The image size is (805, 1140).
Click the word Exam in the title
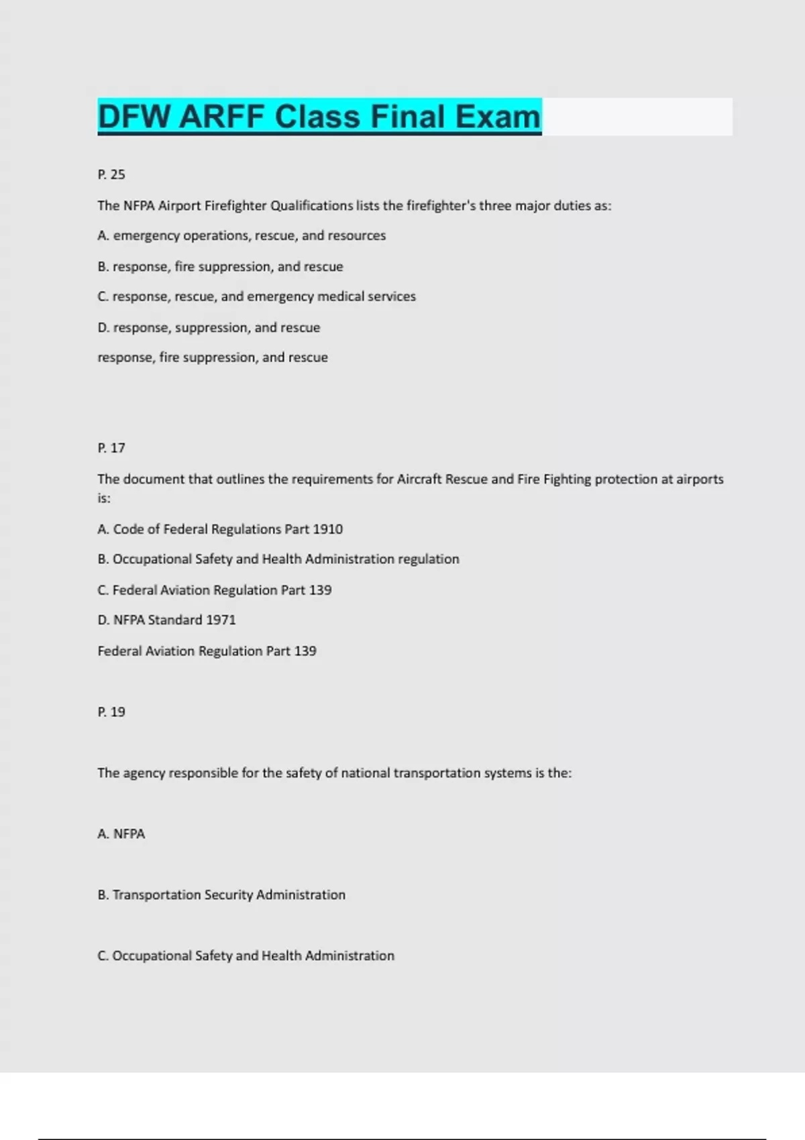tap(498, 117)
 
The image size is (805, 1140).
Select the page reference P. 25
tap(111, 174)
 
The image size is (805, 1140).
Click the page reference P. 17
tap(111, 448)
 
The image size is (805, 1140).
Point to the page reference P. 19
tap(111, 712)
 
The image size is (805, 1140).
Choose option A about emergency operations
tap(241, 235)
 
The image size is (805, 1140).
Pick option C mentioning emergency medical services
tap(256, 296)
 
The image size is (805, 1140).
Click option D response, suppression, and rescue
tap(209, 328)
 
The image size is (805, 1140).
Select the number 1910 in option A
tap(328, 529)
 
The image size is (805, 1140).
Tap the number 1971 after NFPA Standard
tap(221, 620)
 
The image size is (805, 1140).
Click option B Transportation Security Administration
tap(221, 895)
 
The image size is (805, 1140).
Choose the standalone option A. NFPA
tap(121, 834)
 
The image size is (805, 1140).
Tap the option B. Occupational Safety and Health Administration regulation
tap(278, 559)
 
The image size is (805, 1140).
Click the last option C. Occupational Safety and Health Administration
tap(246, 956)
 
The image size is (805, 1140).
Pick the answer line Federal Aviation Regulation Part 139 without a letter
tap(207, 651)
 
